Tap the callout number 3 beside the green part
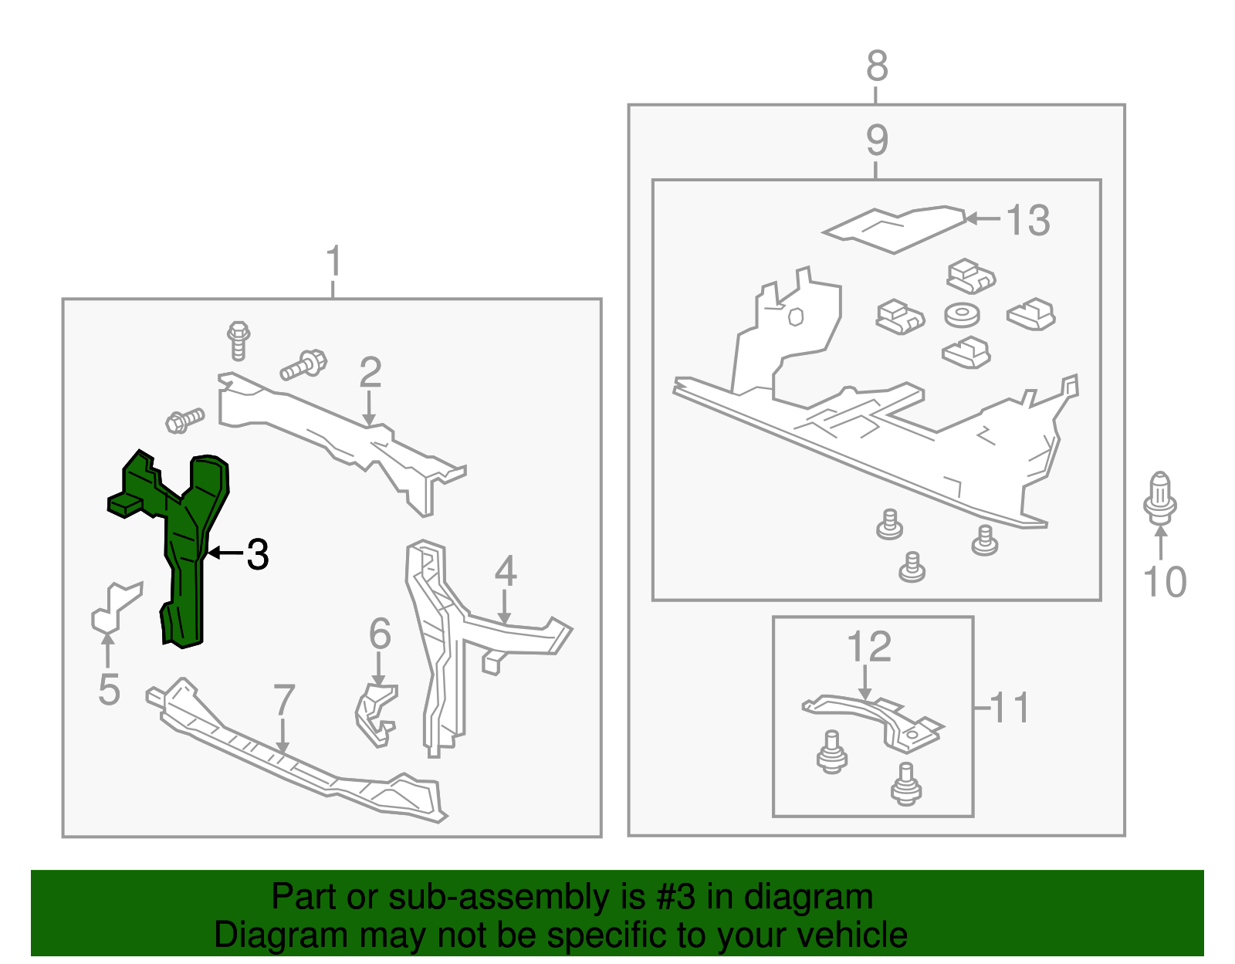coord(257,554)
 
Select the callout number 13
coord(1028,220)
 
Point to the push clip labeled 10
coord(1159,498)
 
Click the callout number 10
coord(1164,582)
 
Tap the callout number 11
coord(1009,707)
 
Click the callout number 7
coord(284,700)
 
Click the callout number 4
coord(505,572)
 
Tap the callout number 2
coord(370,373)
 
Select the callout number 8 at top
coord(877,66)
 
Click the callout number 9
coord(877,140)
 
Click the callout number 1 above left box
coord(333,262)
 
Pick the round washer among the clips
coord(962,314)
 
